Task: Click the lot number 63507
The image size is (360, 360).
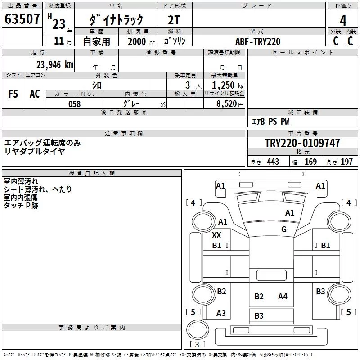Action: pyautogui.click(x=22, y=19)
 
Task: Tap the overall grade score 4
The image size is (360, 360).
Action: pyautogui.click(x=343, y=21)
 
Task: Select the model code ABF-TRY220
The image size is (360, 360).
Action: pyautogui.click(x=258, y=41)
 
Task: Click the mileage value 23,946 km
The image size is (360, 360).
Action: pyautogui.click(x=55, y=65)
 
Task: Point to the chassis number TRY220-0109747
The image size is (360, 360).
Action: pyautogui.click(x=302, y=143)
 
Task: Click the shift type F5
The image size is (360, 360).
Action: pyautogui.click(x=13, y=94)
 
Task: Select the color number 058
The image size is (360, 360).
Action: pyautogui.click(x=75, y=104)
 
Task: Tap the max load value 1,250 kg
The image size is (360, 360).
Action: pyautogui.click(x=228, y=85)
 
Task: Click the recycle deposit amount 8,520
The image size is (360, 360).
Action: pyautogui.click(x=227, y=103)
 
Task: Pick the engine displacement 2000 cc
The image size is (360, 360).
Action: pyautogui.click(x=141, y=41)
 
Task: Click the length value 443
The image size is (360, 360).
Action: pyautogui.click(x=273, y=162)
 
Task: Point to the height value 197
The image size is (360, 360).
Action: pyautogui.click(x=346, y=162)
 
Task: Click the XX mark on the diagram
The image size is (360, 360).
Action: pyautogui.click(x=216, y=235)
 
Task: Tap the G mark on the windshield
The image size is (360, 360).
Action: pyautogui.click(x=284, y=229)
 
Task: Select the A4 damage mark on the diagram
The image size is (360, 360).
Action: pyautogui.click(x=283, y=297)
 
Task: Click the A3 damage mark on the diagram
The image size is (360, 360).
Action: pyautogui.click(x=221, y=313)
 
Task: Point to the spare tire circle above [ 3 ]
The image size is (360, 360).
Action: pyautogui.click(x=198, y=330)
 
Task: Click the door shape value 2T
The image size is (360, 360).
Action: pyautogui.click(x=174, y=20)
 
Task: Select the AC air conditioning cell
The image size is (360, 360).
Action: pyautogui.click(x=35, y=94)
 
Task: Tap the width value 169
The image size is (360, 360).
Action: pyautogui.click(x=310, y=162)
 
